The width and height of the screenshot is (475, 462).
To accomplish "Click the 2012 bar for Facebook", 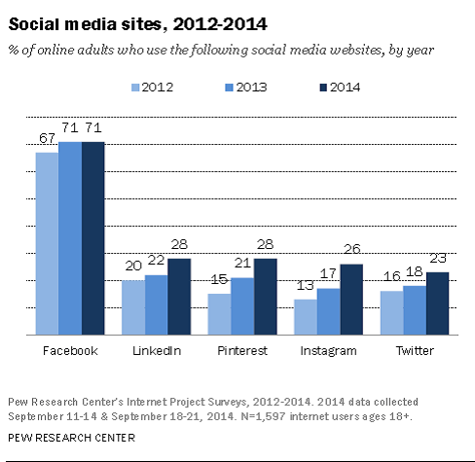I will pyautogui.click(x=46, y=243).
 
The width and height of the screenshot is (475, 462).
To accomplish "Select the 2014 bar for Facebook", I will pyautogui.click(x=92, y=237).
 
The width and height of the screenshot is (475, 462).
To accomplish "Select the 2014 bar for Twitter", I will pyautogui.click(x=438, y=302).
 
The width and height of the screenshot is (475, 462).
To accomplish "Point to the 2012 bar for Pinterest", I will pyautogui.click(x=220, y=313).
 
